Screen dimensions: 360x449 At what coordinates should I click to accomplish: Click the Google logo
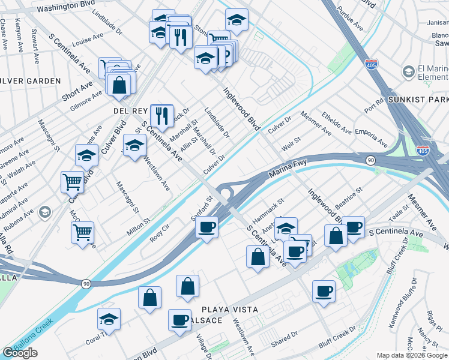tap(20, 353)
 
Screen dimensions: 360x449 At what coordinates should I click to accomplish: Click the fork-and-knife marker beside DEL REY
tap(161, 115)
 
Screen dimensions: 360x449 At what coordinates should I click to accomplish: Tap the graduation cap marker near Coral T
tap(109, 319)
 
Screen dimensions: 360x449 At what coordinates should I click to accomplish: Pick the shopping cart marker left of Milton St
tap(82, 232)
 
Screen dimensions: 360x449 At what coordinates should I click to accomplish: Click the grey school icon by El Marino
tap(408, 73)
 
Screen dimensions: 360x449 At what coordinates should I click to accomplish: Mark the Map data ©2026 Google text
tap(412, 355)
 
